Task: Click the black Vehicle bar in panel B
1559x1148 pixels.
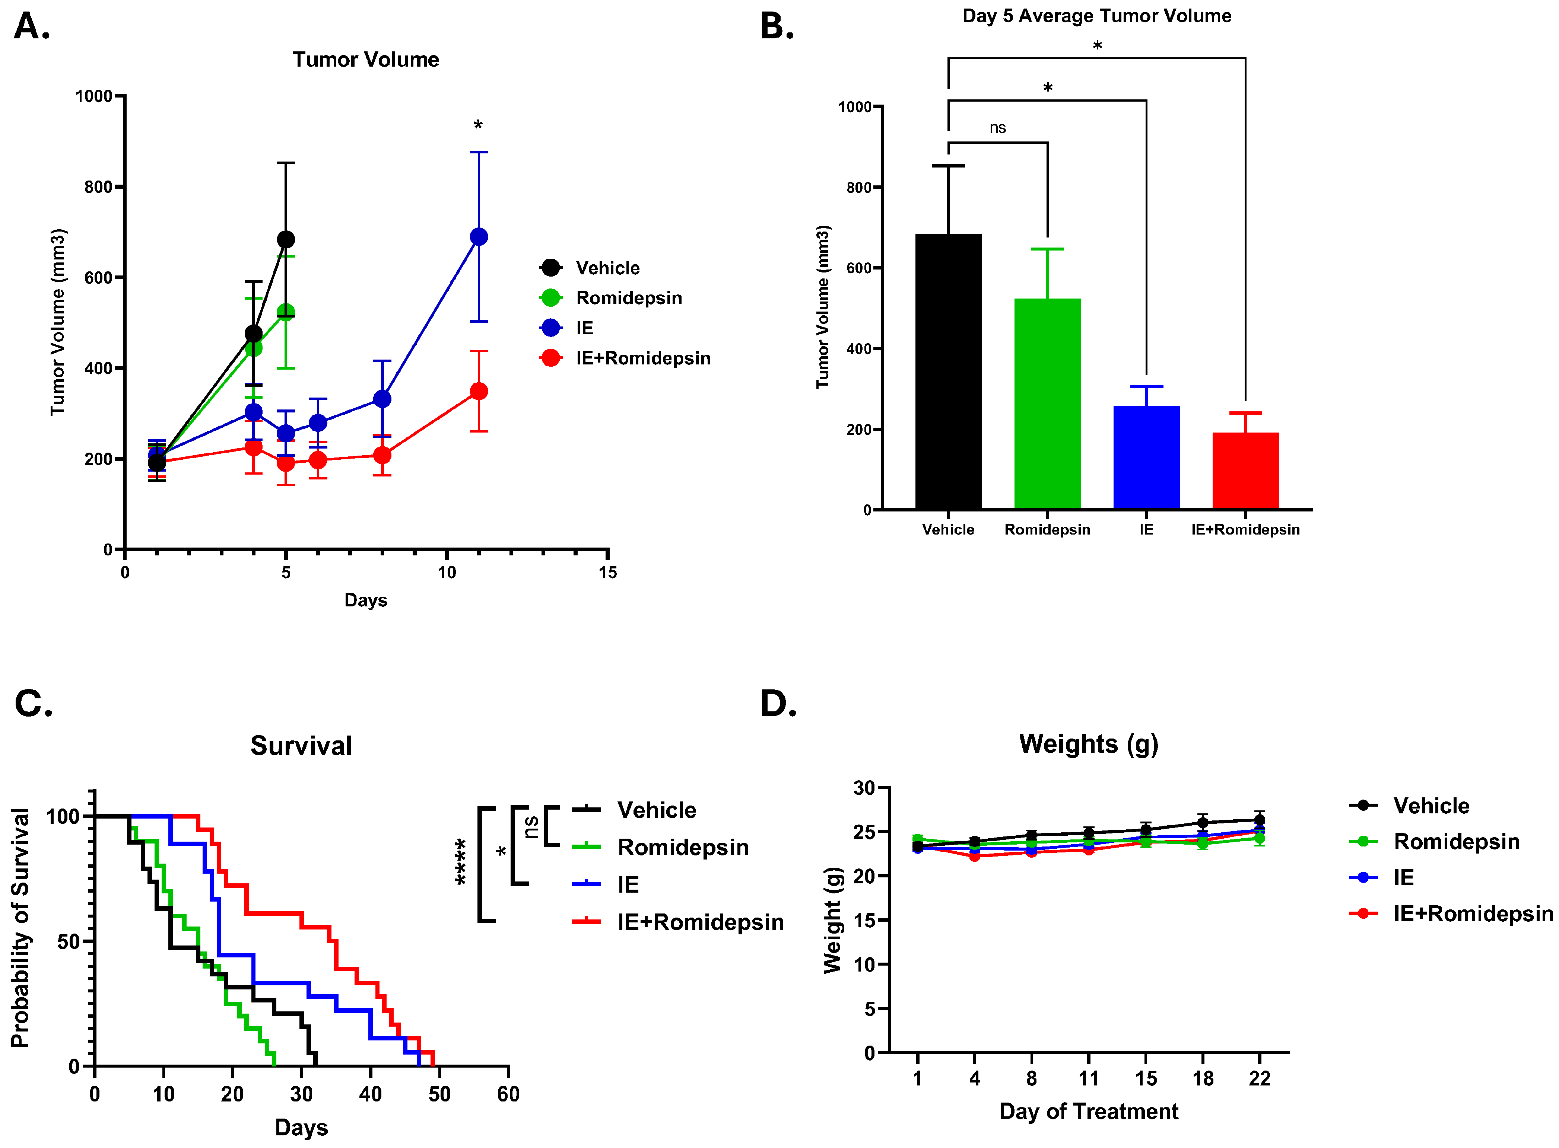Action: click(948, 372)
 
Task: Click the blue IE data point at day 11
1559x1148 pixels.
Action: click(479, 237)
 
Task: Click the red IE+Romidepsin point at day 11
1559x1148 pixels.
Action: click(479, 391)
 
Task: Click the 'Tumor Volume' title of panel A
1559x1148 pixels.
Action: click(366, 60)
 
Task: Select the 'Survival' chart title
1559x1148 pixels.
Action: click(301, 746)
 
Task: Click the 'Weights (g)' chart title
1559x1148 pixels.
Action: click(1088, 744)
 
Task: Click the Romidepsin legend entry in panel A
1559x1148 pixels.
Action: click(629, 298)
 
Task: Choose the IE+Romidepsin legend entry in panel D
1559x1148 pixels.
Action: click(1473, 913)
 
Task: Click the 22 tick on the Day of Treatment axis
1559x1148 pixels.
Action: click(1259, 1078)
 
